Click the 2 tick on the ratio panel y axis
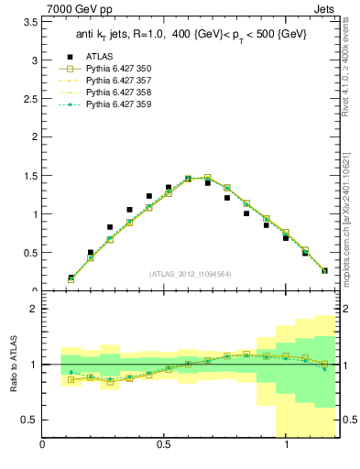coord(33,309)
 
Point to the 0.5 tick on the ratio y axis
coord(30,420)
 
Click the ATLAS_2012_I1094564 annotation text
coord(190,273)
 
